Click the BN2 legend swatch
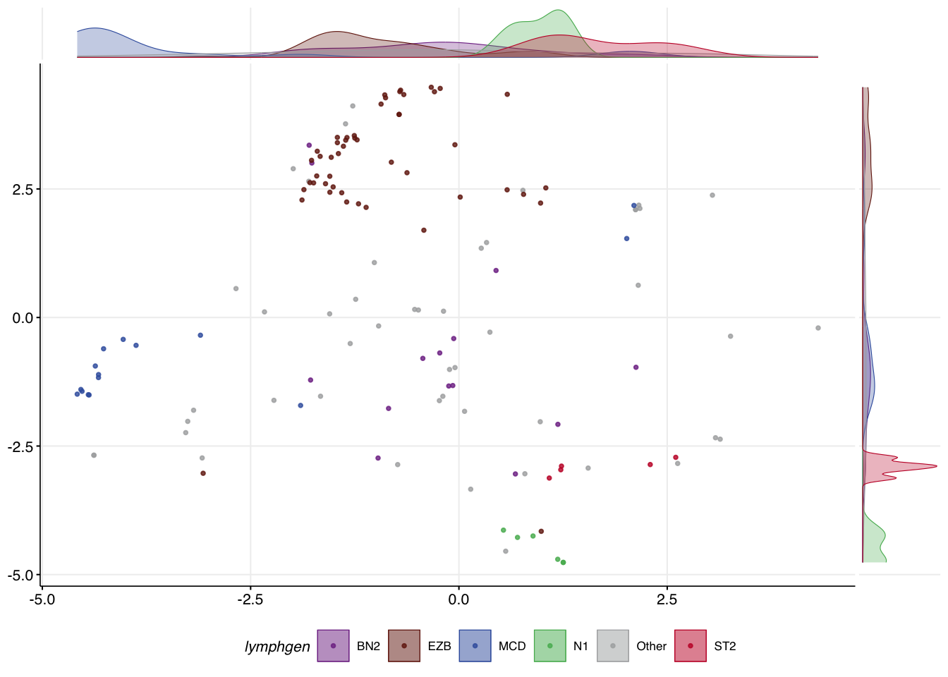[x=333, y=646]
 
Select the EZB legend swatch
[x=404, y=646]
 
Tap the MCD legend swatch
[x=475, y=646]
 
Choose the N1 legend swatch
[x=549, y=646]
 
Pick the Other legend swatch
[x=613, y=646]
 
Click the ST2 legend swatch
[x=691, y=646]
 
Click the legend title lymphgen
[x=277, y=647]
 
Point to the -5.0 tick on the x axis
[x=42, y=600]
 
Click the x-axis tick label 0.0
[x=458, y=600]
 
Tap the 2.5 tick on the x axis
[x=667, y=600]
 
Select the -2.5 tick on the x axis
[x=250, y=600]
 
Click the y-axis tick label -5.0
[x=21, y=575]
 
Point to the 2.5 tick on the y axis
[x=23, y=190]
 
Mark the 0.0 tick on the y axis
[x=23, y=318]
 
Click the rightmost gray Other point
[x=818, y=328]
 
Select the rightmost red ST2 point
[x=676, y=458]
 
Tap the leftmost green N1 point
[x=503, y=530]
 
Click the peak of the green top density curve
[x=558, y=10]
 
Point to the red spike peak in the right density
[x=937, y=466]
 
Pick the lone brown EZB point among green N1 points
[x=541, y=532]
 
